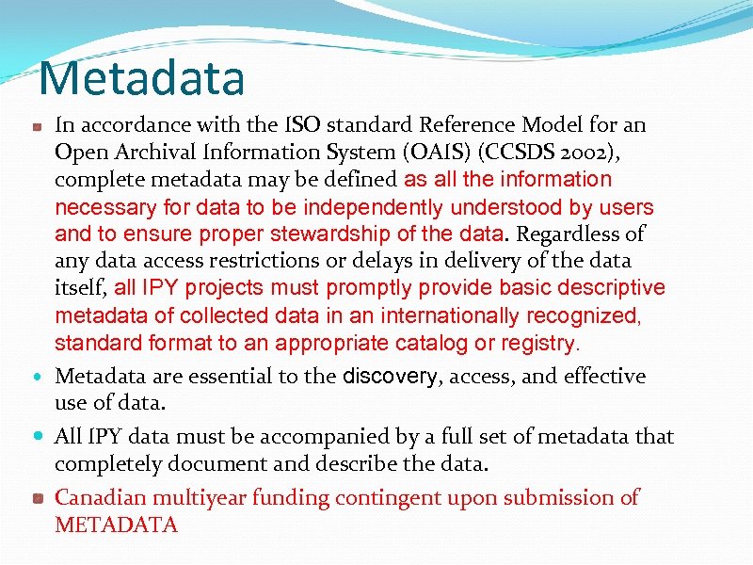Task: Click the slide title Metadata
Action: [142, 79]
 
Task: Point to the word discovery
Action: [390, 377]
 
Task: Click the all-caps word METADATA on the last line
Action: [116, 525]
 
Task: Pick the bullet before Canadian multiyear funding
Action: [36, 498]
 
